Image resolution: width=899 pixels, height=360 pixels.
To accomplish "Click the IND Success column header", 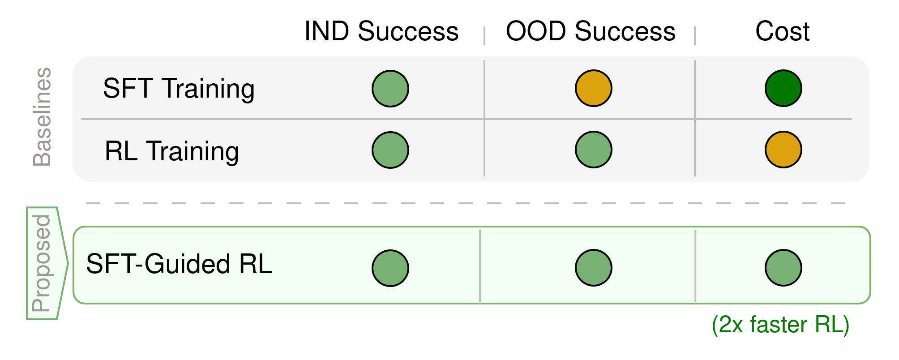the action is click(381, 31).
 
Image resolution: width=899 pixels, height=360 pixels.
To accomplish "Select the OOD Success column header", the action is click(591, 31).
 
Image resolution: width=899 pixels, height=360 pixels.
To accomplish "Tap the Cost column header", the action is click(783, 31).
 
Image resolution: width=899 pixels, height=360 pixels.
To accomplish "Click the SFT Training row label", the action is click(179, 89).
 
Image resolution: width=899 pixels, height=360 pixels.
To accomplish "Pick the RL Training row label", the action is click(172, 151).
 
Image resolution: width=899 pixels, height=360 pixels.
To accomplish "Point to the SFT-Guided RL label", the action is click(179, 264).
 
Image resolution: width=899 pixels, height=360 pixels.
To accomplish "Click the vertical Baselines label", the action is click(43, 117).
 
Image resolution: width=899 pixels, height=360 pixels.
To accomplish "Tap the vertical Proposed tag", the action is click(42, 263).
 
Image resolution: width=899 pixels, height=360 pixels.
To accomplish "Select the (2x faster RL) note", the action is click(780, 325).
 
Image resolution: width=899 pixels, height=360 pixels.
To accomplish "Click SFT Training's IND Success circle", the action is click(390, 89).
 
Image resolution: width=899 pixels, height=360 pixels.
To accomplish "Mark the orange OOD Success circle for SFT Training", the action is click(594, 88).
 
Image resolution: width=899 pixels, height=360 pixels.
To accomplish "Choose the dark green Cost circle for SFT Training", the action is click(783, 88).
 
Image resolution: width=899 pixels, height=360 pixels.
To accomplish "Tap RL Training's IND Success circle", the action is click(390, 150).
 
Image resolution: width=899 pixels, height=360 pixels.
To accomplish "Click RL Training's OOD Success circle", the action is click(594, 150).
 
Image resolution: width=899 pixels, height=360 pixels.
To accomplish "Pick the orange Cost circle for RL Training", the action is click(783, 150).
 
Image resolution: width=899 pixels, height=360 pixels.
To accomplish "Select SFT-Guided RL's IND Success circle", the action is click(390, 268).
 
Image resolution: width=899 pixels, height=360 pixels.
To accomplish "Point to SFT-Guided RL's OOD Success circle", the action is click(594, 268).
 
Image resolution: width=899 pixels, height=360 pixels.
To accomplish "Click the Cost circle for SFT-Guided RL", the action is click(783, 268).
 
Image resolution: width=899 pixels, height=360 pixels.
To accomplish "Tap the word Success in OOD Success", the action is click(625, 31).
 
